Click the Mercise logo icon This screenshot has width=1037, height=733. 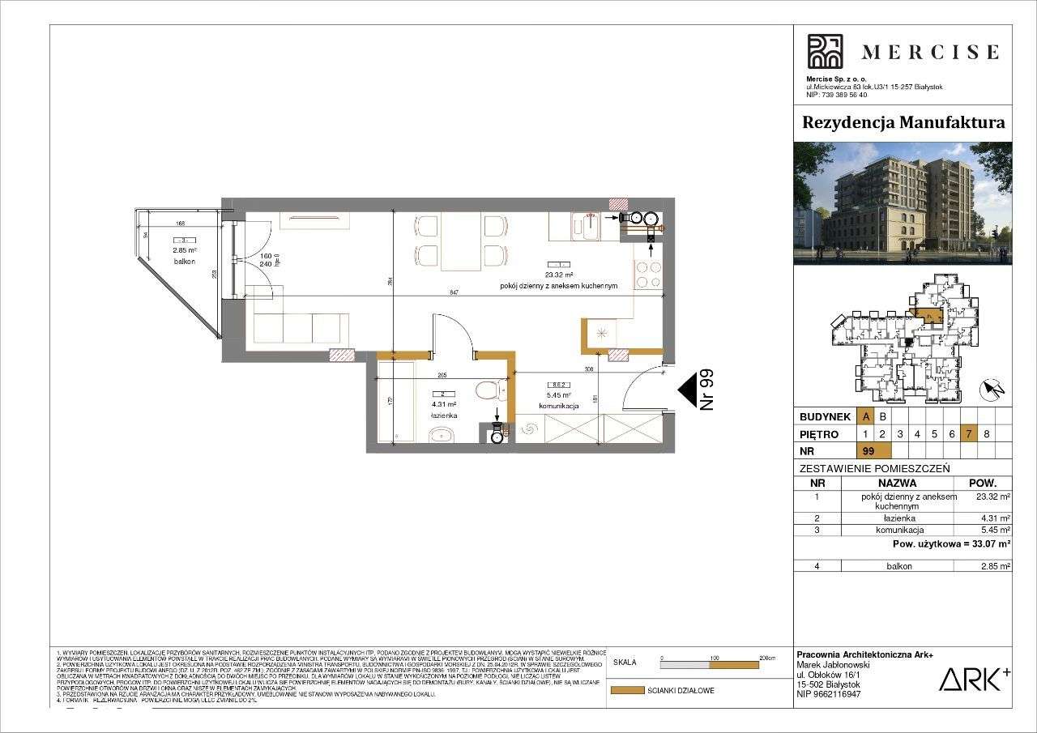825,51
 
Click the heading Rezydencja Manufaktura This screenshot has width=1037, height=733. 903,123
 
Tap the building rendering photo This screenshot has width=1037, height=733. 903,203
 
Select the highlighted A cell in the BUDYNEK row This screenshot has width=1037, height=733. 867,416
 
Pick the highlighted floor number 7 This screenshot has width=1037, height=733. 969,433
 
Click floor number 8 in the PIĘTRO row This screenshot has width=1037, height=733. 986,433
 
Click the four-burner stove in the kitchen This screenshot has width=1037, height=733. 647,275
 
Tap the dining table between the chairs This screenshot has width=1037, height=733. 460,242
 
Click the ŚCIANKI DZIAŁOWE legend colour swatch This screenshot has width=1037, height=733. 625,691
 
